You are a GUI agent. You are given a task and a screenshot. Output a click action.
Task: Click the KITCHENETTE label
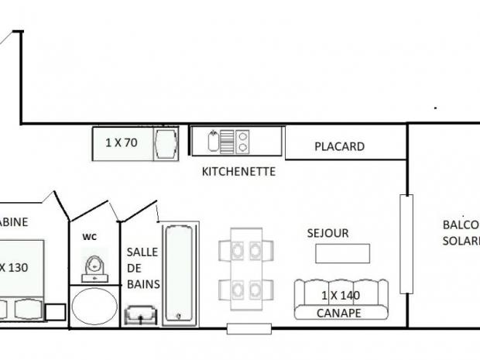tap(238, 171)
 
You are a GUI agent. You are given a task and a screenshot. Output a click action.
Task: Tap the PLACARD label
tap(339, 146)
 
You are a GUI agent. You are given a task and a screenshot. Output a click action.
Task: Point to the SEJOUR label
tap(327, 232)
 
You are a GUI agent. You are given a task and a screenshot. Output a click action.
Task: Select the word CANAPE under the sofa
tap(340, 313)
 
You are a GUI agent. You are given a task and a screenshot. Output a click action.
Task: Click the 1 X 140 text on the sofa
tap(340, 295)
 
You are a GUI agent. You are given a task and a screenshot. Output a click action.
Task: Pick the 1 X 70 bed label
tap(122, 142)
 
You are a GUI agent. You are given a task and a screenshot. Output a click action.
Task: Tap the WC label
tap(90, 237)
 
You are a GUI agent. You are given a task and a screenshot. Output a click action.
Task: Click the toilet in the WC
tap(96, 267)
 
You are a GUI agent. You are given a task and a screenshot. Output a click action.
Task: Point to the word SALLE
tap(142, 252)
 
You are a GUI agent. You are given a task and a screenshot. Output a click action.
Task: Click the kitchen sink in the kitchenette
tap(214, 142)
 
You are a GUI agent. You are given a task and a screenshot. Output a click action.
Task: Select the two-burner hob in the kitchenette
tap(242, 142)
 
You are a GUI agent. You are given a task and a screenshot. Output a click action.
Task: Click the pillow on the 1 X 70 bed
tap(165, 143)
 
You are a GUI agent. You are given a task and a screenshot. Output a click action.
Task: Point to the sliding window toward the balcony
tap(405, 243)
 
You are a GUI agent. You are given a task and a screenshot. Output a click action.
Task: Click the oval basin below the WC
tap(94, 307)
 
